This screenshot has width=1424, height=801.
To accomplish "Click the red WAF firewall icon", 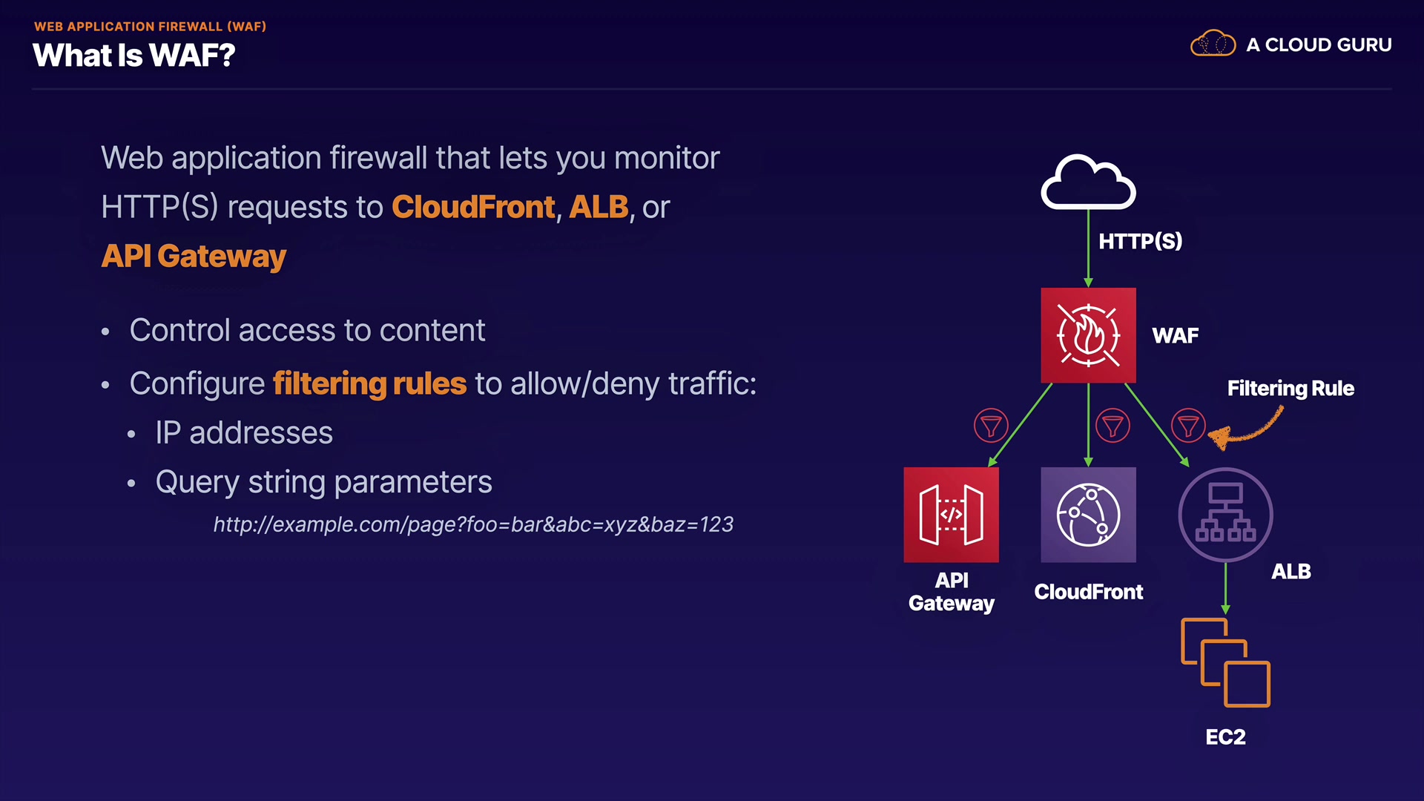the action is point(1088,335).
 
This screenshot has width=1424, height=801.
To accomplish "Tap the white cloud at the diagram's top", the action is point(1088,182).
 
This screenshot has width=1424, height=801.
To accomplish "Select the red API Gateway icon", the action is point(951,515).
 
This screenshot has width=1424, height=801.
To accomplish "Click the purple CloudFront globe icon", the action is point(1088,515).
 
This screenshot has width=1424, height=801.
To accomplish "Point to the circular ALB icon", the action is point(1225,515).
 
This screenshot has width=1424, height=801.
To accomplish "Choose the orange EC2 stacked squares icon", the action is point(1225,662).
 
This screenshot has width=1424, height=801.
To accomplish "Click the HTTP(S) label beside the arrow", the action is point(1140,241).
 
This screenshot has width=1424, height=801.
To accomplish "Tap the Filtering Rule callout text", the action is point(1290,388).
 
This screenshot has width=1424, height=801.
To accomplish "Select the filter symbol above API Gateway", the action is point(991,426).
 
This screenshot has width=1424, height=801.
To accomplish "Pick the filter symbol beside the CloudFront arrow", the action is point(1112,426).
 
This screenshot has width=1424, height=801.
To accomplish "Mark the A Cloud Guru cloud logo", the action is point(1213,44).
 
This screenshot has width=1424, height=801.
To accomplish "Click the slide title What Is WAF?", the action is point(134,56).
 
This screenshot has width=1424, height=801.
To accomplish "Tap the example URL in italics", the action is point(473,524).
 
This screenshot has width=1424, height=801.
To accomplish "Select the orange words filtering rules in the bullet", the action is point(369,383).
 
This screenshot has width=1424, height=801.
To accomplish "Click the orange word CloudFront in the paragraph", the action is point(473,207).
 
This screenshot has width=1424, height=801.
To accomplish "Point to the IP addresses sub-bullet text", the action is point(244,432).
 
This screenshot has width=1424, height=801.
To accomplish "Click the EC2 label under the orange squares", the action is point(1225,736).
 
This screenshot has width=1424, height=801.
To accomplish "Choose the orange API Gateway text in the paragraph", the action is point(194,256).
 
